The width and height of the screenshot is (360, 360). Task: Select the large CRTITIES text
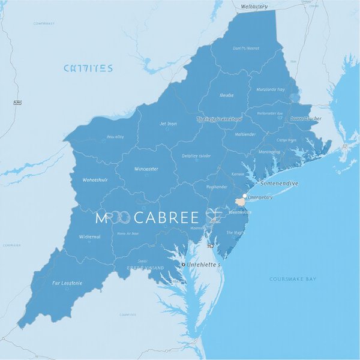click(88, 69)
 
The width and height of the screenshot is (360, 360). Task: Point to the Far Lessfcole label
click(68, 283)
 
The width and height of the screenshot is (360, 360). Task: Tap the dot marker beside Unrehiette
click(184, 264)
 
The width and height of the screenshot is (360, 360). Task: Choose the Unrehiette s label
click(204, 264)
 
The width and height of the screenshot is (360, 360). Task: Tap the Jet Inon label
click(168, 124)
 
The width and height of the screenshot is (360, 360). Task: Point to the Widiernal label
click(89, 236)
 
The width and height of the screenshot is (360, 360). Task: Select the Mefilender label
click(245, 134)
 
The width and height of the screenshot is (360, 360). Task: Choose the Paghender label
click(216, 187)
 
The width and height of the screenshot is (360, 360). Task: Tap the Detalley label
click(196, 156)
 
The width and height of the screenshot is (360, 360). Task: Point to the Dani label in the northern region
click(246, 48)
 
